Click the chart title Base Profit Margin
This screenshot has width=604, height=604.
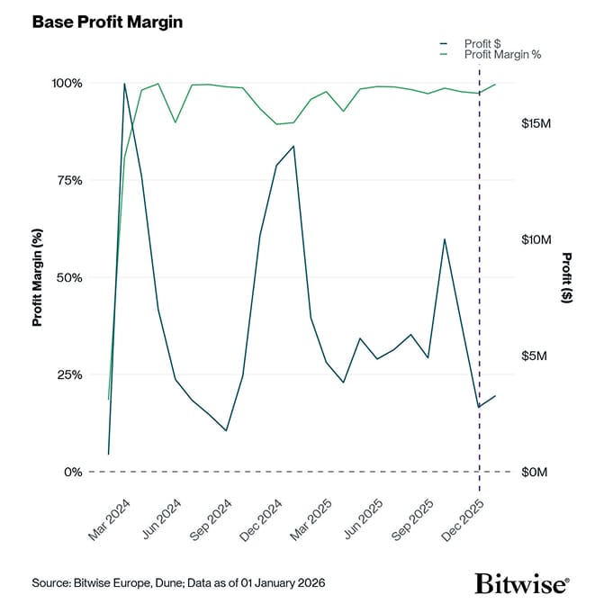[107, 22]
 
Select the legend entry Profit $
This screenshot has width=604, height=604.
[482, 43]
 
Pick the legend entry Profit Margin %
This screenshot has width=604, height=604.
[502, 55]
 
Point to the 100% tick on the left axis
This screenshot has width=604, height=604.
[66, 83]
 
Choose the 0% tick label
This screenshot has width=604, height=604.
[72, 472]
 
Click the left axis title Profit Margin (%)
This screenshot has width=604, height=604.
[38, 277]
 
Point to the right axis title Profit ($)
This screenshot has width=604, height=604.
[567, 277]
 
